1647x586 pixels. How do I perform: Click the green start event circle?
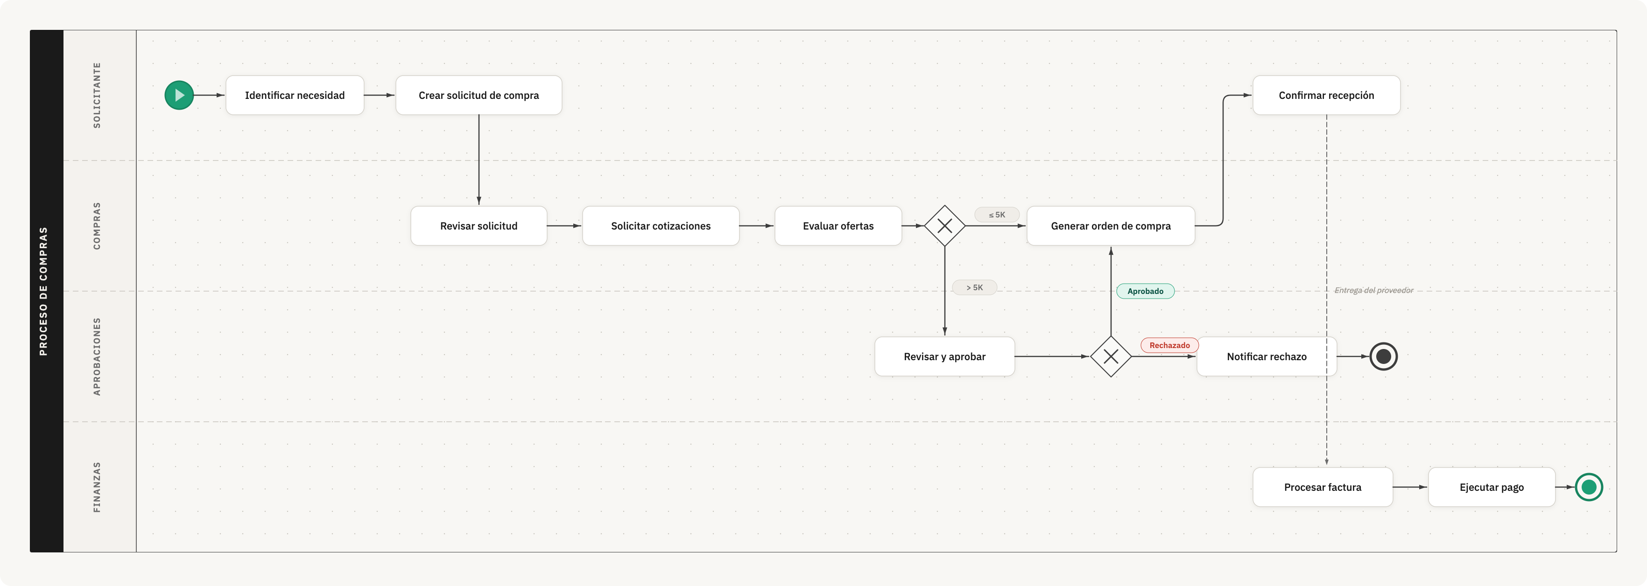(x=179, y=95)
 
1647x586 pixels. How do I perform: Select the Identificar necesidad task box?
(x=295, y=95)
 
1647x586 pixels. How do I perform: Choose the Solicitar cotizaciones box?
(x=661, y=225)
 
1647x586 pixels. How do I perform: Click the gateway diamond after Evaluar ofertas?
(x=944, y=225)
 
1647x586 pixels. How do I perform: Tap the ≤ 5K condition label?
(x=997, y=215)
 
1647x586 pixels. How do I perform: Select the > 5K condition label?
(x=974, y=287)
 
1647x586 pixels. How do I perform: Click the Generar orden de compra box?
(x=1111, y=225)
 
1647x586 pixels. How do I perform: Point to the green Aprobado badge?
(x=1145, y=292)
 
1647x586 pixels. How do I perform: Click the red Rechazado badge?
(x=1169, y=346)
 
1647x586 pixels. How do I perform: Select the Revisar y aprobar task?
(x=944, y=356)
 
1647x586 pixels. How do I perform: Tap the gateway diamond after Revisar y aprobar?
(x=1111, y=356)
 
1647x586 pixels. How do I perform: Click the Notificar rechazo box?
(x=1266, y=356)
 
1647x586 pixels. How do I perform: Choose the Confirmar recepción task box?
(x=1326, y=95)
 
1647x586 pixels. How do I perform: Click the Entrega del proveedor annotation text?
(x=1373, y=290)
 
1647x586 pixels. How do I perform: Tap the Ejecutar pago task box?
(x=1491, y=487)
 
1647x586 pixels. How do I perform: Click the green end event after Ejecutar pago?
(x=1589, y=487)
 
